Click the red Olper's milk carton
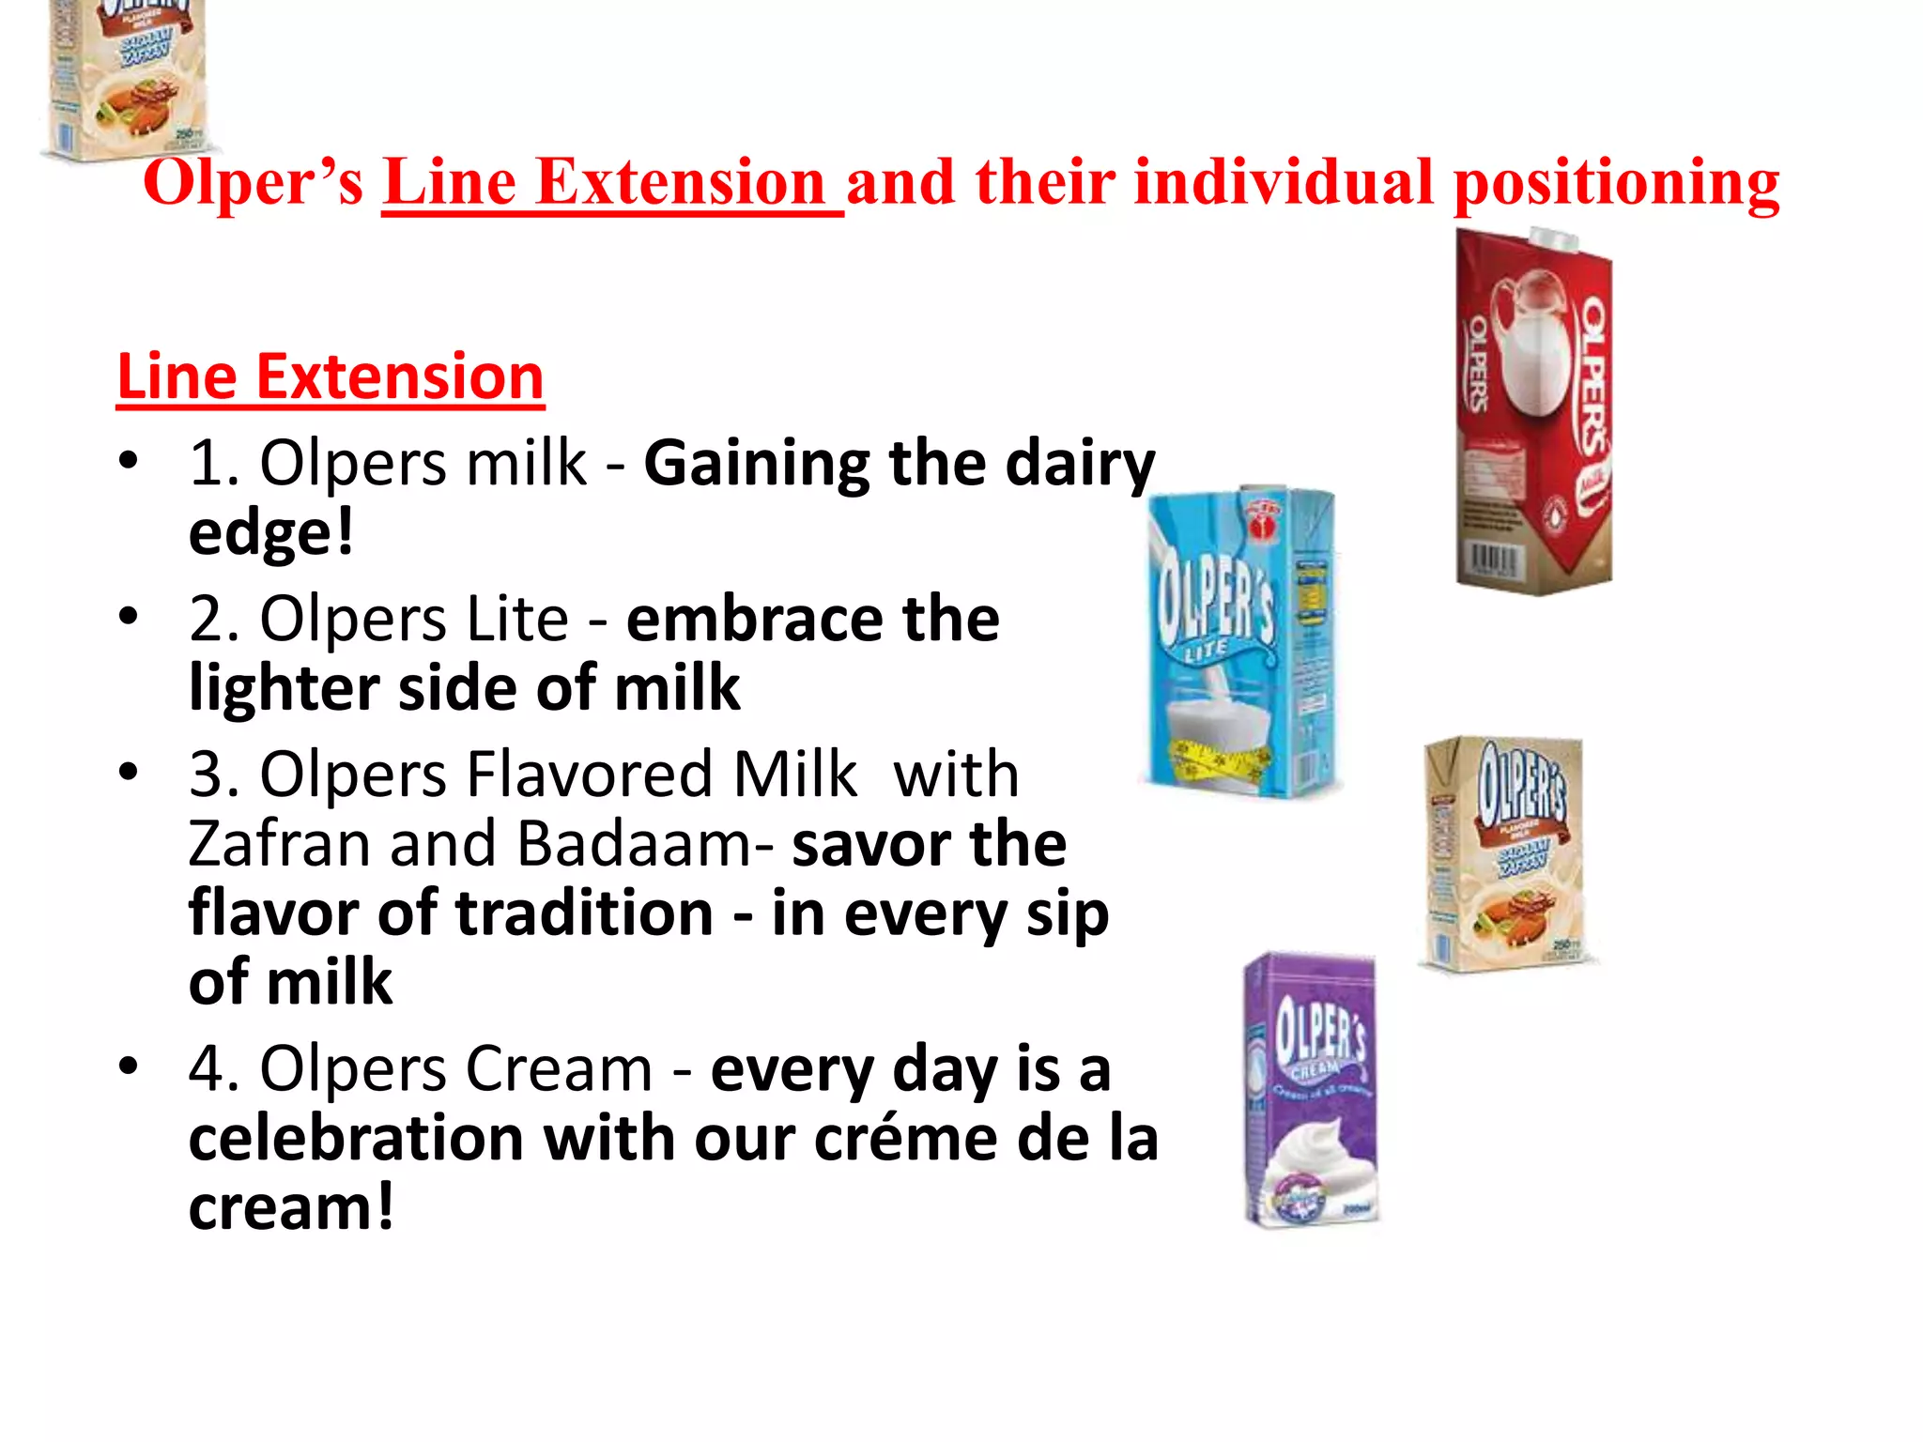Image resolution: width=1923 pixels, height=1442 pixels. click(1533, 413)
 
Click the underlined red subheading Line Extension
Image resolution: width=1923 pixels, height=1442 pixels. click(331, 377)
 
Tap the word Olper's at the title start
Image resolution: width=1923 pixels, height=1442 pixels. click(253, 183)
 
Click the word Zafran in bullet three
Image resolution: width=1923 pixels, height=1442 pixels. click(280, 844)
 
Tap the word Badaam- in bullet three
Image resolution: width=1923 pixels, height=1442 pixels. click(646, 844)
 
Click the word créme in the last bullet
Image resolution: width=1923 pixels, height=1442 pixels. click(906, 1139)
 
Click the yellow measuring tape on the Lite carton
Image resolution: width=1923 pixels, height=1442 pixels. click(1221, 760)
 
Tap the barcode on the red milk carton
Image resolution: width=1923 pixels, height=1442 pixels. click(1492, 561)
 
